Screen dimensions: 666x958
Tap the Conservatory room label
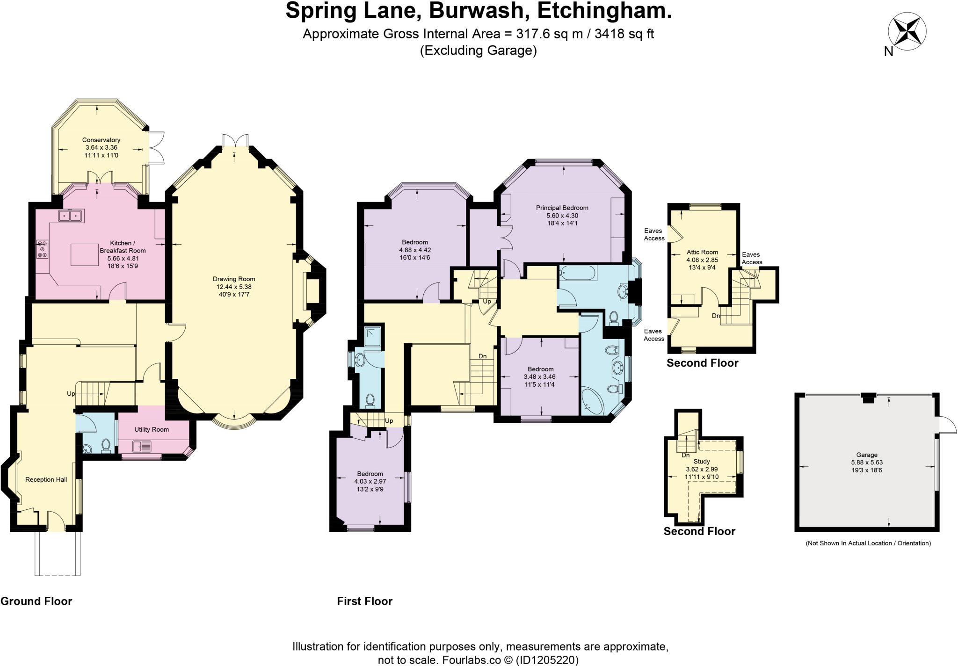point(101,140)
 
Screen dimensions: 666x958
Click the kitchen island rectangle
point(85,254)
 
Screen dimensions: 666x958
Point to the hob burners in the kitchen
point(42,249)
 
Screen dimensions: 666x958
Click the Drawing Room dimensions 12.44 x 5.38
point(234,287)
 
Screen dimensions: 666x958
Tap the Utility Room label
point(152,429)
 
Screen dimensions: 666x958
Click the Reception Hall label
point(46,479)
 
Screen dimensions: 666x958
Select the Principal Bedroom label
point(562,208)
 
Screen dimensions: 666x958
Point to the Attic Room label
point(702,252)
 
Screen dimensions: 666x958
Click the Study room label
point(702,462)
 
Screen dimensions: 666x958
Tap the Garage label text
point(867,455)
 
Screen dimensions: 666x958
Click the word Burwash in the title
point(479,11)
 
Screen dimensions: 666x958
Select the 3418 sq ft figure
point(624,34)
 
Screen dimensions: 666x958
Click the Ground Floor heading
point(36,601)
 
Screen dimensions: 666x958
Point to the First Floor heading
point(364,601)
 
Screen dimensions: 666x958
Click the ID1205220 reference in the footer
point(547,660)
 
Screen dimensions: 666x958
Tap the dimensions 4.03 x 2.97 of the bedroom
point(370,481)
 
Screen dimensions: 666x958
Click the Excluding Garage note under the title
point(478,51)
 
